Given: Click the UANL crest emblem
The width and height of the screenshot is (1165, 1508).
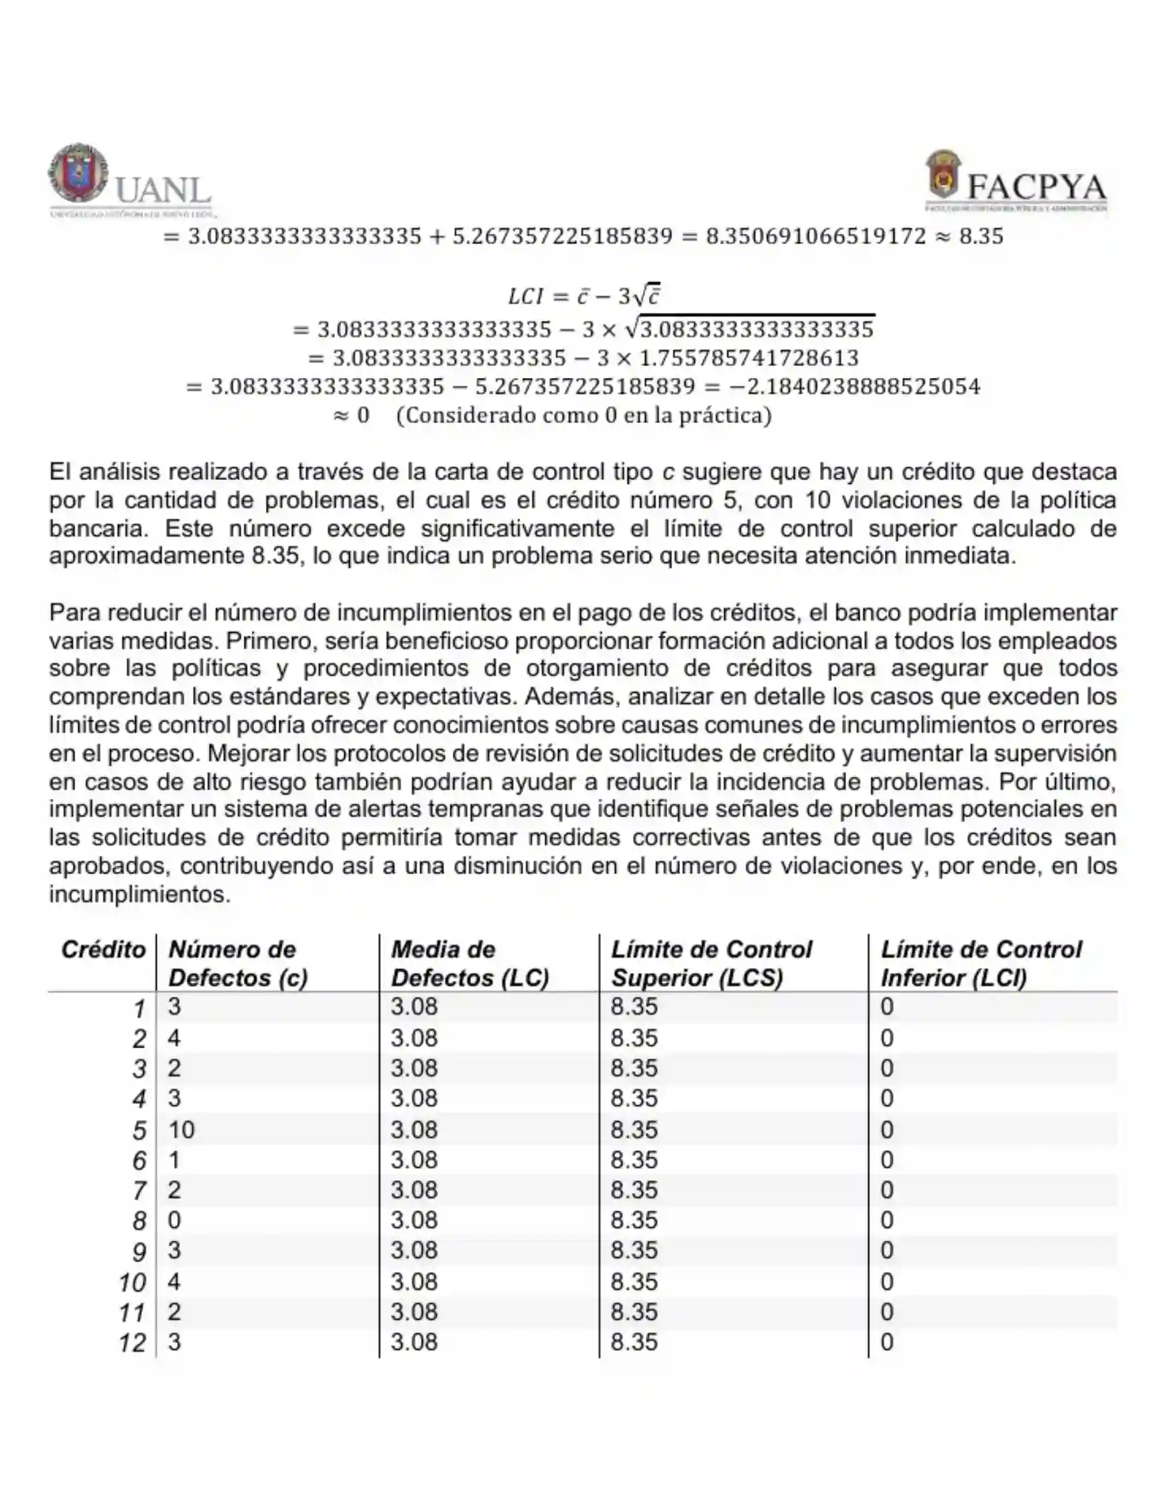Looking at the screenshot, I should pyautogui.click(x=78, y=173).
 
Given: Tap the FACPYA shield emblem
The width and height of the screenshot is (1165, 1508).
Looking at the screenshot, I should pyautogui.click(x=943, y=175).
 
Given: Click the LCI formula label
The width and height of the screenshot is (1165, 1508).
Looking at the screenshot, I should pyautogui.click(x=526, y=296).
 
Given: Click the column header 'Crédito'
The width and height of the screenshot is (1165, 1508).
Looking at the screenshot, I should pyautogui.click(x=104, y=950).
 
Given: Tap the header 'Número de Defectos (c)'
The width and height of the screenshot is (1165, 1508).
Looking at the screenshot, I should pyautogui.click(x=238, y=963).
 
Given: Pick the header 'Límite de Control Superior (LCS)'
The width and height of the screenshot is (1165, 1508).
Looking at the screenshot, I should pyautogui.click(x=711, y=963).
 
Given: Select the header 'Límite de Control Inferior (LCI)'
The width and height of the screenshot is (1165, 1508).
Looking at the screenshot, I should pyautogui.click(x=980, y=963).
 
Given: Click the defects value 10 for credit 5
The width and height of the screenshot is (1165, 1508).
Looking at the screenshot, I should pyautogui.click(x=182, y=1129).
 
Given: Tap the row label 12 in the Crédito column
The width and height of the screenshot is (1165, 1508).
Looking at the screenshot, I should pyautogui.click(x=132, y=1343).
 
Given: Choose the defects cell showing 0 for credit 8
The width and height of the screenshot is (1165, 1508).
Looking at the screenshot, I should pyautogui.click(x=174, y=1220).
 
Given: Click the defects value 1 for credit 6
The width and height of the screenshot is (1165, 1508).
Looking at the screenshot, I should pyautogui.click(x=174, y=1160).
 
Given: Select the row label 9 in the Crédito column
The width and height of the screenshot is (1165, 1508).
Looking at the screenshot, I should pyautogui.click(x=139, y=1252).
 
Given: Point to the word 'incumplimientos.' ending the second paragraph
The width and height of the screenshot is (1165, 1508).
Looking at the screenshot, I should pyautogui.click(x=139, y=895).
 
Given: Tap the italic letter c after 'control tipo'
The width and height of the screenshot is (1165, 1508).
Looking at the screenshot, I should pyautogui.click(x=667, y=473).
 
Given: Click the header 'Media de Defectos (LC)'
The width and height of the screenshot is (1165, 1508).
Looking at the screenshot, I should pyautogui.click(x=470, y=963).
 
